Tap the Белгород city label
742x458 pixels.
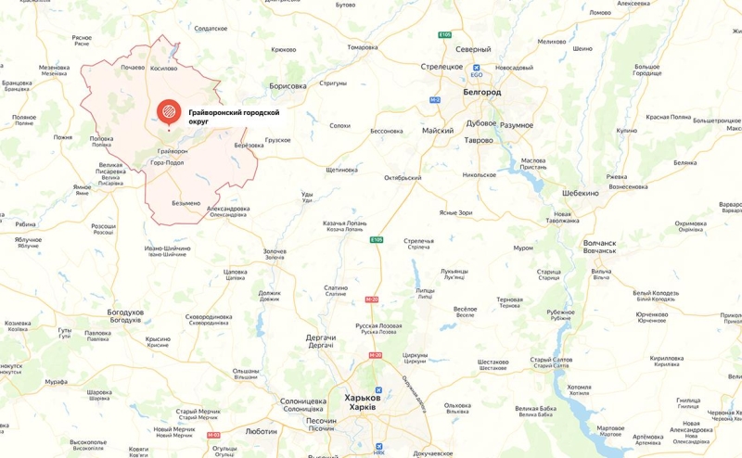tap(481, 93)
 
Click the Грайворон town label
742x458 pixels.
tap(172, 150)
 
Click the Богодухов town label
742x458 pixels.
tap(123, 312)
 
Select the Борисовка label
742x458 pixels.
tap(288, 86)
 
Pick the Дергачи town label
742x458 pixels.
tap(321, 338)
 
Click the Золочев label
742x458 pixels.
tap(275, 250)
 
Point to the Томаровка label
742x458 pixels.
tap(362, 47)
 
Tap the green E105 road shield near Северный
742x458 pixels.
tap(445, 35)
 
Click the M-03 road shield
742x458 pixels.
tap(213, 435)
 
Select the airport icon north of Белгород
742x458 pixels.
tap(475, 68)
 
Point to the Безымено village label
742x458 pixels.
tap(185, 203)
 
